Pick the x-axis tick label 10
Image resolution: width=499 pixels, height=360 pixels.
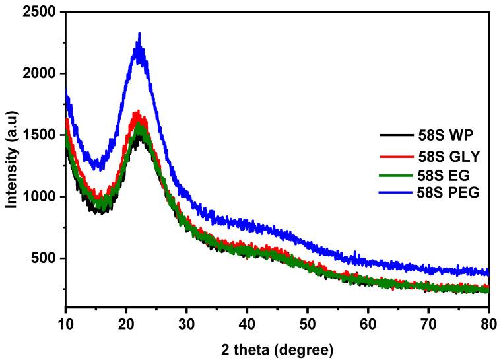point(65,324)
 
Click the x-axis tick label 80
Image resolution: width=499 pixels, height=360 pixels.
point(488,324)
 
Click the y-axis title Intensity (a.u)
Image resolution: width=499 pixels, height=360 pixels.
point(11,158)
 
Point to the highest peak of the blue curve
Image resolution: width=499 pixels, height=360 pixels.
point(139,33)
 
